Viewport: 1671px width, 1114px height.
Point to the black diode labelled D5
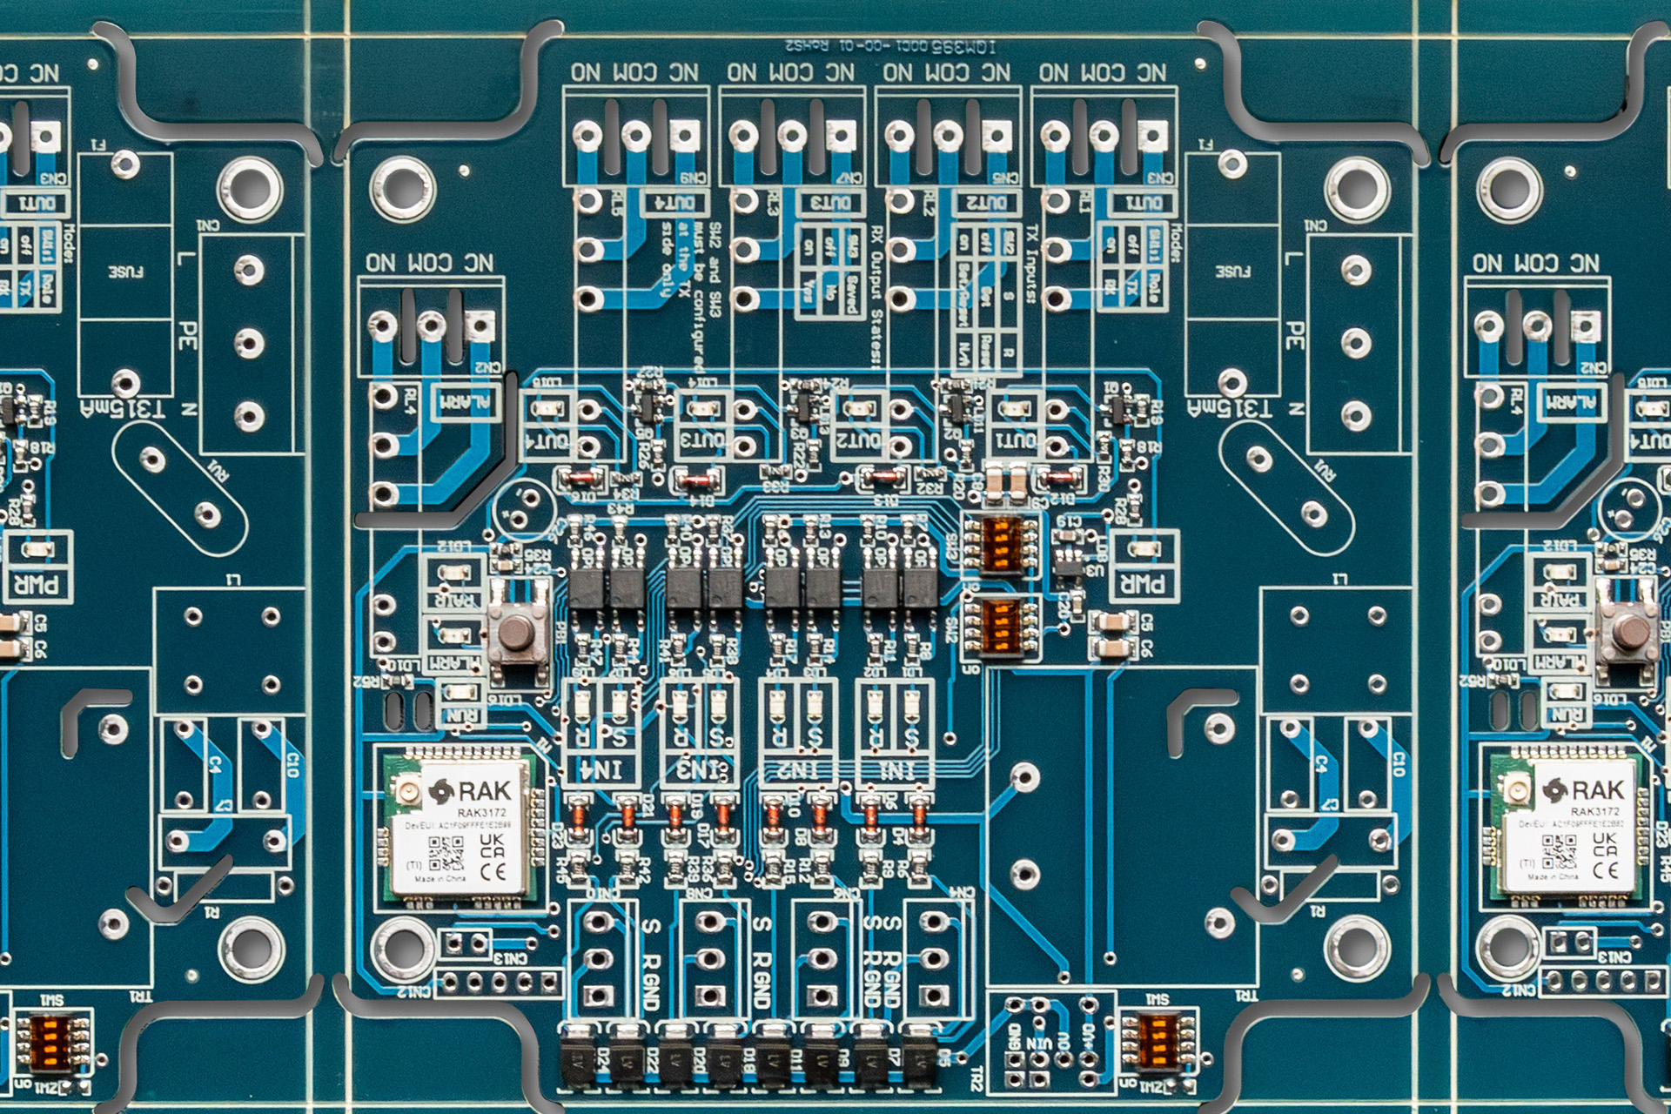pyautogui.click(x=919, y=1056)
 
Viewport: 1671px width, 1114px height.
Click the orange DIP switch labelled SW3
pyautogui.click(x=1001, y=543)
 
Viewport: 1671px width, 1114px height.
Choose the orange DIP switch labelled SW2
pyautogui.click(x=1001, y=626)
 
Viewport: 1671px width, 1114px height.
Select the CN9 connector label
pyautogui.click(x=694, y=178)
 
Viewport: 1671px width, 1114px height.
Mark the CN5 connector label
pyautogui.click(x=1005, y=178)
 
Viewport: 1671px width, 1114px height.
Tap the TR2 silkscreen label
pyautogui.click(x=976, y=1080)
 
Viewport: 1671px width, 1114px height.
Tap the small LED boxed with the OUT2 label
pyautogui.click(x=858, y=408)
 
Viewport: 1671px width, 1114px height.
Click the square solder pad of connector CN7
pyautogui.click(x=840, y=136)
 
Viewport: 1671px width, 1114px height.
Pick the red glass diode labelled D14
pyautogui.click(x=697, y=479)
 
